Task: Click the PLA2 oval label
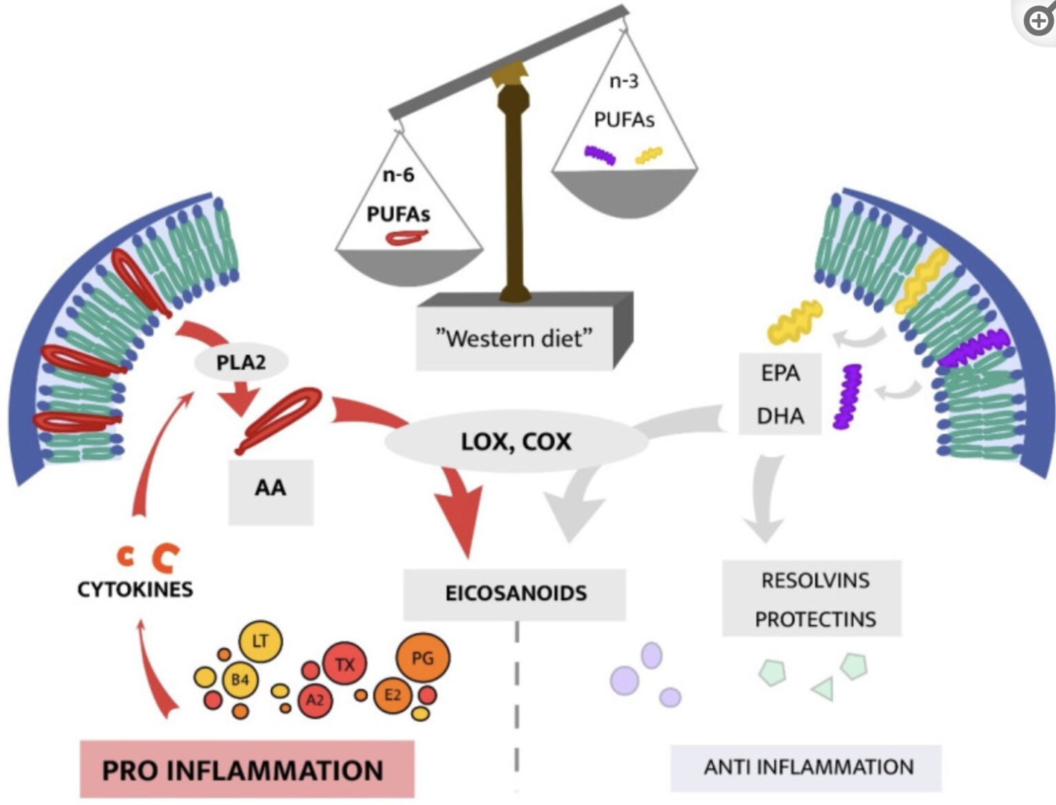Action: tap(241, 362)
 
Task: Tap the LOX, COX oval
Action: tap(516, 441)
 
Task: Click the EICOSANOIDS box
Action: tap(515, 593)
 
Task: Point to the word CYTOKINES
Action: tap(135, 589)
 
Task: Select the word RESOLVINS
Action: tap(815, 580)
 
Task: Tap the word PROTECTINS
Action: tap(815, 619)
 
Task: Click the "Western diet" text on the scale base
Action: tap(514, 339)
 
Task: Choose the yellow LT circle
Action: tap(260, 641)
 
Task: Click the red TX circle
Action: tap(344, 664)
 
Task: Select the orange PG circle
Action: tap(422, 658)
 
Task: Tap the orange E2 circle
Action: tap(393, 695)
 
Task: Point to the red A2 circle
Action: tap(314, 700)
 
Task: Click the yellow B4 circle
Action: tap(239, 680)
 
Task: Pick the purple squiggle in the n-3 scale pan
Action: tap(599, 155)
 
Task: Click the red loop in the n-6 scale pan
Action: tap(406, 238)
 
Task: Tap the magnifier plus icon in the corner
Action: tap(1039, 20)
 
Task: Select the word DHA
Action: tap(780, 416)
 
